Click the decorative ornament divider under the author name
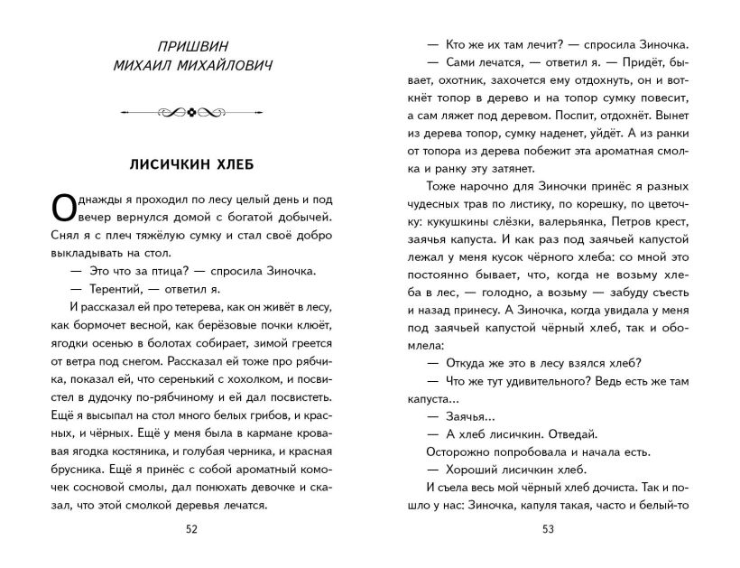tap(190, 112)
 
